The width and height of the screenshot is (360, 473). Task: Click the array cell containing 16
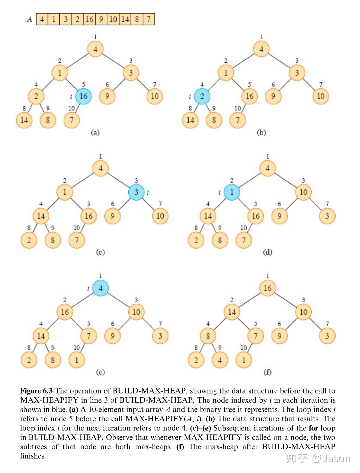tap(89, 19)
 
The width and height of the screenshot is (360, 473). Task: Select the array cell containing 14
tap(125, 19)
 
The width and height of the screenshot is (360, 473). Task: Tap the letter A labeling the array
tap(30, 19)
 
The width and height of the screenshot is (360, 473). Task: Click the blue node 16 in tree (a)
tap(83, 96)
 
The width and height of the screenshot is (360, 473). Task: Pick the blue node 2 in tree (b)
tap(202, 96)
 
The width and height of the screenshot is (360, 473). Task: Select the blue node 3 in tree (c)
tap(136, 192)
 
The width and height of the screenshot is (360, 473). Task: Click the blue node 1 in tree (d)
tap(232, 192)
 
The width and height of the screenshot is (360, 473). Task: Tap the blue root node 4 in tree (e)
tap(101, 288)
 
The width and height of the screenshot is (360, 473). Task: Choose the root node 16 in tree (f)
tap(268, 288)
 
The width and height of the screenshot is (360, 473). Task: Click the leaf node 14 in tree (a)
tap(24, 120)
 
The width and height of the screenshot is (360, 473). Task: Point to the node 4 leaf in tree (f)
tap(220, 360)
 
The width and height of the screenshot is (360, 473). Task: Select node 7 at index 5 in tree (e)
tap(89, 336)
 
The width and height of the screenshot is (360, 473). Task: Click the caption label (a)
tap(95, 132)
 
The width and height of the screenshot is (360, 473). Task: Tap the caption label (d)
tap(268, 252)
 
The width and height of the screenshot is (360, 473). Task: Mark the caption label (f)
tap(268, 372)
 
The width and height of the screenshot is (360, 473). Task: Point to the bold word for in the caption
tap(313, 428)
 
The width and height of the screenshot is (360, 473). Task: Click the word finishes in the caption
tap(33, 456)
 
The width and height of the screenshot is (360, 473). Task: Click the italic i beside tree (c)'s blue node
tap(148, 192)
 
